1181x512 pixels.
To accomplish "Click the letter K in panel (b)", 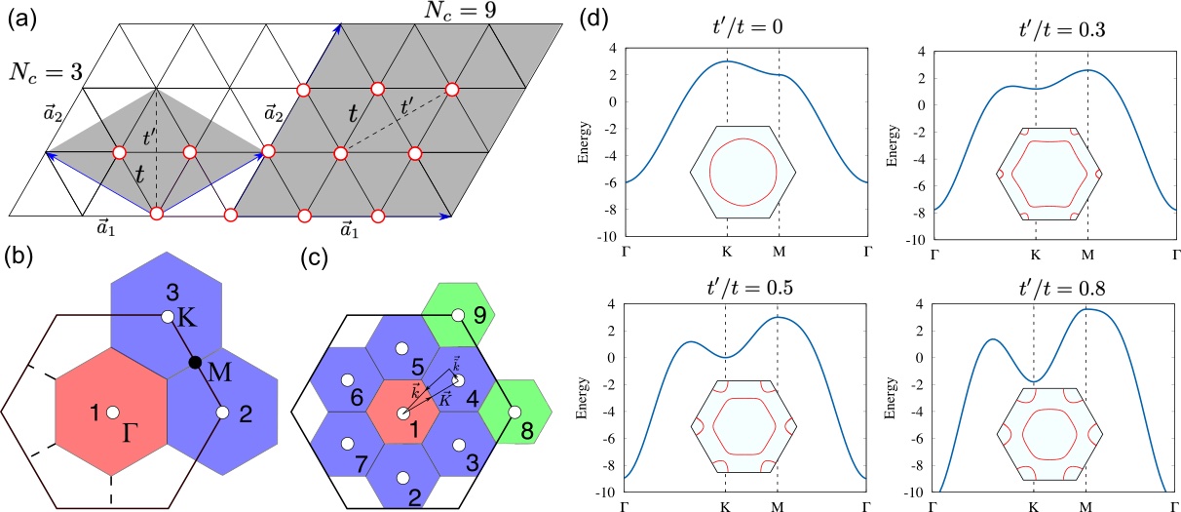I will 188,320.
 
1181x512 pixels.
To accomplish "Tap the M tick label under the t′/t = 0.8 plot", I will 1086,506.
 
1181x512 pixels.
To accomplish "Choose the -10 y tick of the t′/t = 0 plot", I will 610,236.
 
